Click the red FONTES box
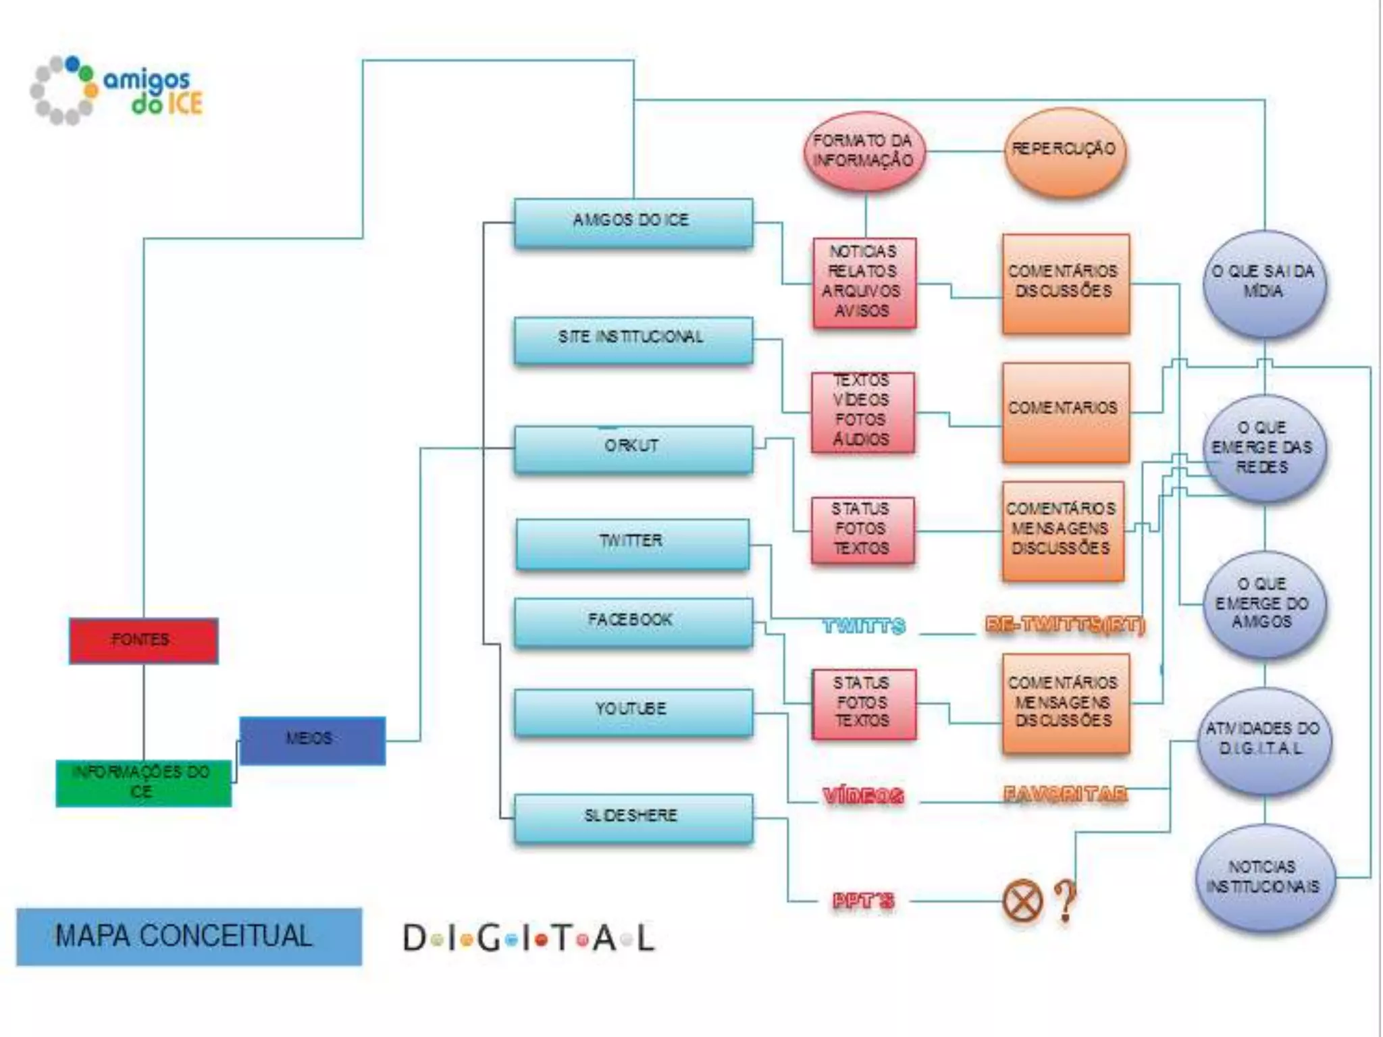pyautogui.click(x=143, y=640)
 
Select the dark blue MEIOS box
pyautogui.click(x=312, y=740)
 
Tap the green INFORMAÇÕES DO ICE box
pyautogui.click(x=143, y=782)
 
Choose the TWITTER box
pyautogui.click(x=632, y=543)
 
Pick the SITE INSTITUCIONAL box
pyautogui.click(x=633, y=340)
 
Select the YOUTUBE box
pyautogui.click(x=633, y=712)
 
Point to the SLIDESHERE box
pyautogui.click(x=633, y=818)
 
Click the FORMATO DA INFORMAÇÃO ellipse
pyautogui.click(x=864, y=151)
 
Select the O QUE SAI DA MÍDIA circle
pyautogui.click(x=1263, y=283)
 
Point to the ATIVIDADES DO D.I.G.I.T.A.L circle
pyautogui.click(x=1263, y=740)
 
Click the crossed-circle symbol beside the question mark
pyautogui.click(x=1022, y=901)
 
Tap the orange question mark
pyautogui.click(x=1066, y=901)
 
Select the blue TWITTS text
pyautogui.click(x=864, y=627)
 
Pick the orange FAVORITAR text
pyautogui.click(x=1065, y=795)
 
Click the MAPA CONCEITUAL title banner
pyautogui.click(x=188, y=936)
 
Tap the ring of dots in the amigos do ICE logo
pyautogui.click(x=63, y=90)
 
